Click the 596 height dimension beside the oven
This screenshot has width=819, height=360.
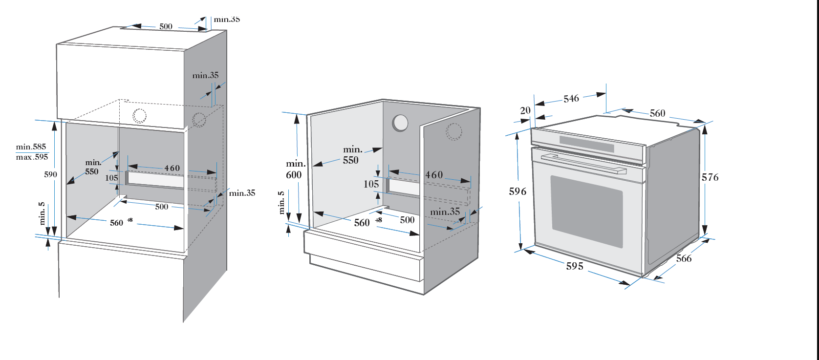click(517, 191)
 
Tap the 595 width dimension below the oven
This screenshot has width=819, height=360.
click(575, 266)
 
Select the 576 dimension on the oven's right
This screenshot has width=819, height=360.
click(710, 177)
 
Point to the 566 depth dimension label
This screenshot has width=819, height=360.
click(684, 258)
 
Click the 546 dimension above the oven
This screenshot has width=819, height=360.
click(571, 99)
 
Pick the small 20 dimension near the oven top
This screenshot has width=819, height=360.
click(525, 110)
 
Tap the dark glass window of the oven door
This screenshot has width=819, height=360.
click(586, 211)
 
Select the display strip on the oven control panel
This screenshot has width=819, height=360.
click(586, 144)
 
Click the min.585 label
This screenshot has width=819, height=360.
click(31, 147)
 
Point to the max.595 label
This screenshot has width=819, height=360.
click(32, 157)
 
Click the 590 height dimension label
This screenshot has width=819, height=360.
click(50, 174)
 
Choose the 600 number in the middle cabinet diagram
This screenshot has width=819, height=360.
click(294, 175)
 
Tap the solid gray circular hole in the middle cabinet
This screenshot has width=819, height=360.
click(400, 123)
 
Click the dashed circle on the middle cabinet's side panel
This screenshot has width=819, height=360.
click(454, 131)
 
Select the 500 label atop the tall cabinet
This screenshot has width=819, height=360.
click(166, 26)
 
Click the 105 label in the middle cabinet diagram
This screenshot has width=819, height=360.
click(371, 184)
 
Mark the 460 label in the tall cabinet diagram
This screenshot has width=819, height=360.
click(172, 168)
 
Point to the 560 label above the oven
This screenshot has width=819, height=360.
click(657, 113)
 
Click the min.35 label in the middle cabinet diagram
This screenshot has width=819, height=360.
click(445, 212)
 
